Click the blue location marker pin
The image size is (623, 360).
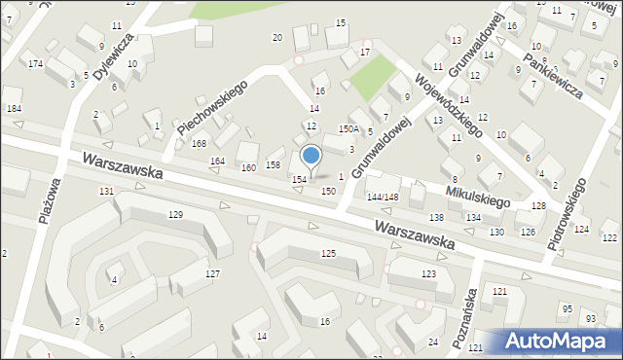click(x=311, y=157)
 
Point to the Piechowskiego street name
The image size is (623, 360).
click(x=212, y=108)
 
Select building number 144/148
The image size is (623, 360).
click(x=383, y=198)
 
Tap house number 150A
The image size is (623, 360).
click(x=348, y=128)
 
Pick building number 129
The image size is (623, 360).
click(x=175, y=214)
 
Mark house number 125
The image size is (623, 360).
click(x=328, y=254)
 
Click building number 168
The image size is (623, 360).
click(x=199, y=144)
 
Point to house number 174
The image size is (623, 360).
click(x=35, y=64)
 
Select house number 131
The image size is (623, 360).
click(x=106, y=191)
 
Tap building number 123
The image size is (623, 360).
click(x=428, y=274)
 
